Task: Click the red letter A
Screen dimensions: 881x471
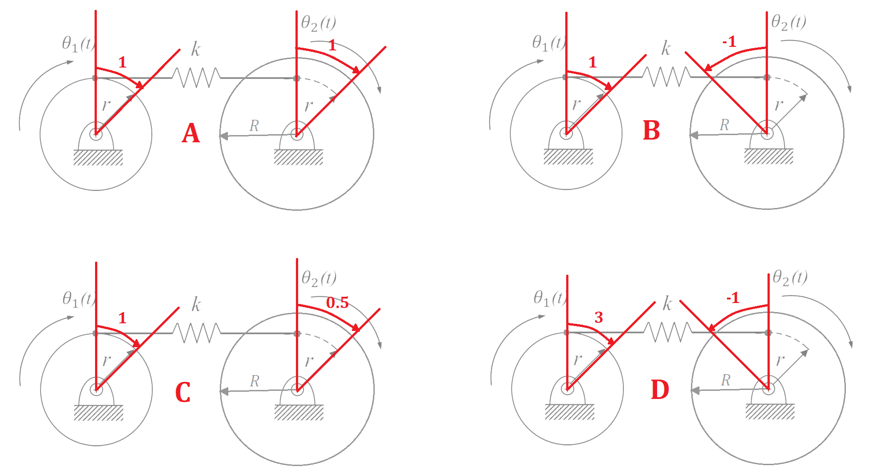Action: tap(191, 133)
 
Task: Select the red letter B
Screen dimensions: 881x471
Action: tap(651, 131)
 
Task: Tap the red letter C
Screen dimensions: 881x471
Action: tap(183, 392)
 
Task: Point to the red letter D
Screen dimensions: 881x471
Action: tap(660, 389)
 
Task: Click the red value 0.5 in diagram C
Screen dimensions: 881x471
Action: tap(337, 303)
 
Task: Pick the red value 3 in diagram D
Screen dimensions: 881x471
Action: tap(599, 317)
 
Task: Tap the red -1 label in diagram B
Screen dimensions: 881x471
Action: tap(729, 41)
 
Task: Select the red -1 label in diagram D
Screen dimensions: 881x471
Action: tap(733, 298)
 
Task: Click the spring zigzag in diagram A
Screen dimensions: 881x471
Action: tap(196, 77)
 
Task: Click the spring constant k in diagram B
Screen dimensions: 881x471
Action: tap(666, 48)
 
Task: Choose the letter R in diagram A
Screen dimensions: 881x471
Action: tap(254, 126)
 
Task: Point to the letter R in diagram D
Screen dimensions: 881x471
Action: tap(726, 380)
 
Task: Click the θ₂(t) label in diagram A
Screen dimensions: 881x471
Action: tap(318, 23)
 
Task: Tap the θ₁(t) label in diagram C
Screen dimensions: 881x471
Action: tap(79, 299)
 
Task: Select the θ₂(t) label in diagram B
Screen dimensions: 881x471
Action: tap(789, 22)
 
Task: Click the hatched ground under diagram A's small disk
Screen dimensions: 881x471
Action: tap(98, 158)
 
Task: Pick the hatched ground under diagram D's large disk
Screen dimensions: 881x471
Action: tap(770, 412)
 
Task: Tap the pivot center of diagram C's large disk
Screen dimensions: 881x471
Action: tap(297, 389)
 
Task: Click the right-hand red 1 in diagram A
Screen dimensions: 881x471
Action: tap(332, 45)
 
